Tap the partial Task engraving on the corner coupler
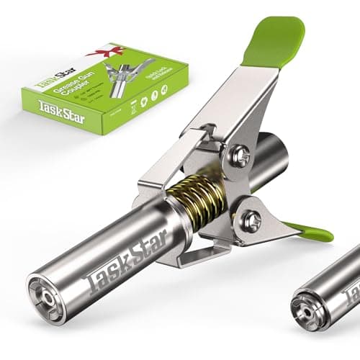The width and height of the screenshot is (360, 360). point(351,292)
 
